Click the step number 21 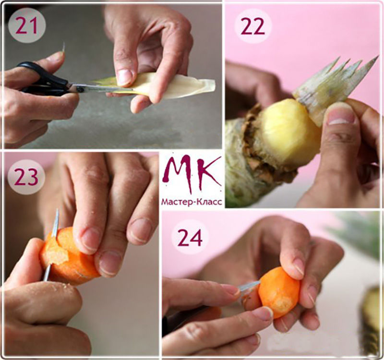click(27, 26)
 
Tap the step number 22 click(253, 26)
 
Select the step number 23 click(26, 177)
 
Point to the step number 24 click(190, 237)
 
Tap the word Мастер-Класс click(192, 202)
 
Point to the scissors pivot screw click(80, 89)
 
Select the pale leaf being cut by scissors click(157, 88)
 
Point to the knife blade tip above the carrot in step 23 click(58, 210)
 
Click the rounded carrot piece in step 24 click(279, 293)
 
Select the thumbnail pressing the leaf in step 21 click(124, 77)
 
